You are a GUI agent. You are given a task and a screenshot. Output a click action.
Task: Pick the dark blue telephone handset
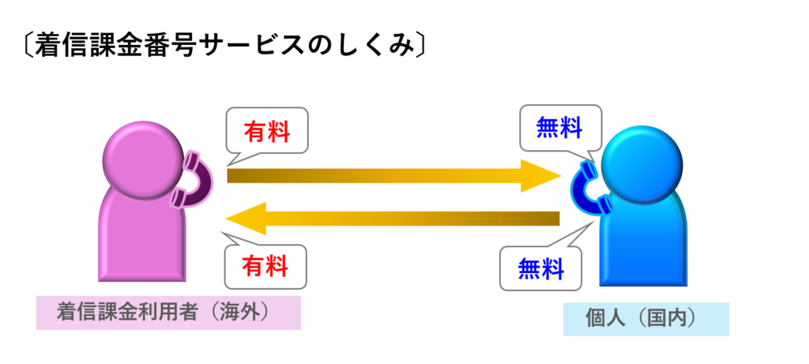pos(588,189)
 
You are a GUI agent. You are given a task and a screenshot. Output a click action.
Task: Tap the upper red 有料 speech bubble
pos(265,131)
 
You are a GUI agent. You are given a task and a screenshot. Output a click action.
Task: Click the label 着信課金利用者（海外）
pos(168,312)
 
